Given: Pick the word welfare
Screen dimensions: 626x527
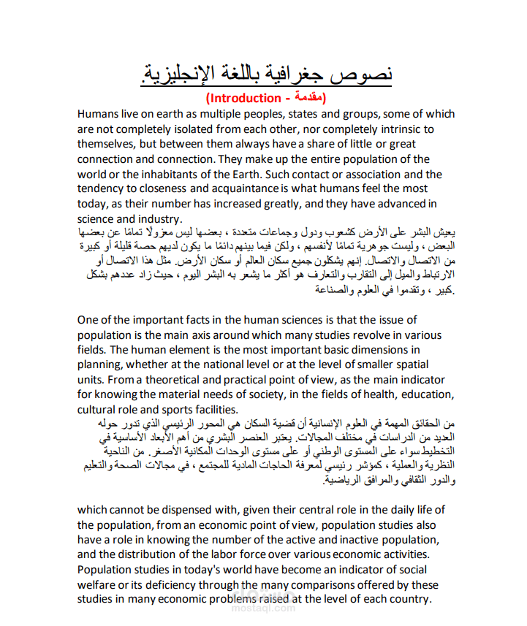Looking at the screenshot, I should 98,585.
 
